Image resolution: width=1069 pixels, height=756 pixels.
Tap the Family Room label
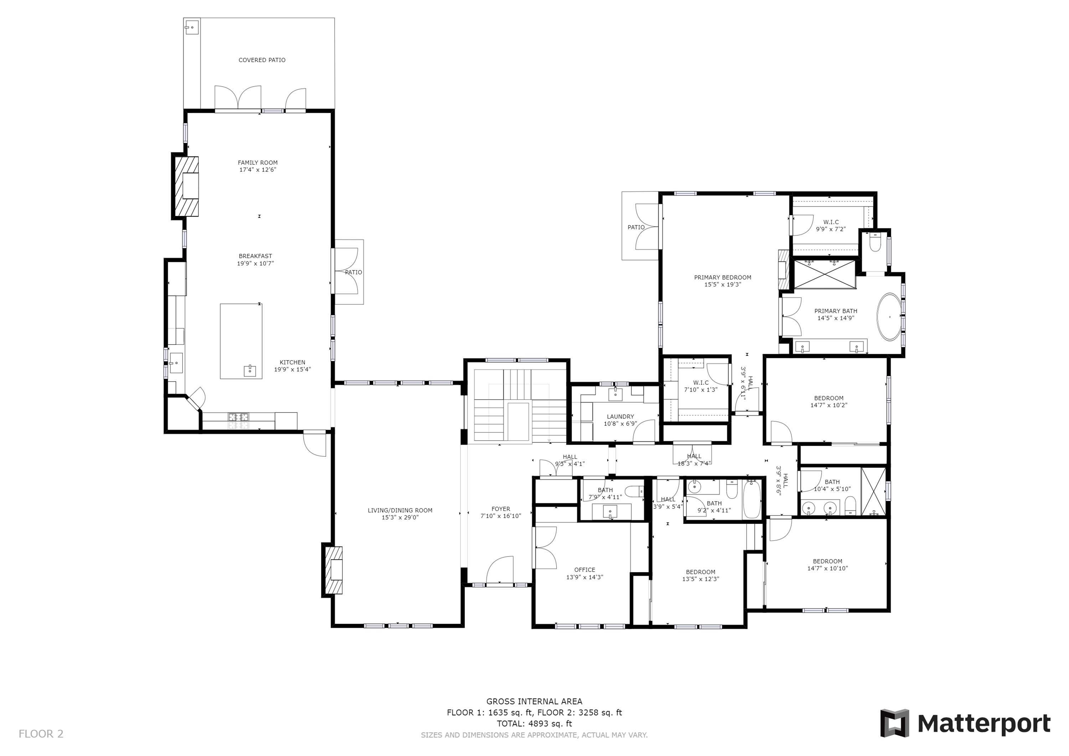click(258, 162)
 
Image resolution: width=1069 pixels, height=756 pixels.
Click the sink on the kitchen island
click(250, 371)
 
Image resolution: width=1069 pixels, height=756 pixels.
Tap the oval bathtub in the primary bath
click(889, 317)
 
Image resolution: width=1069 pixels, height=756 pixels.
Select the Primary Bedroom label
click(723, 278)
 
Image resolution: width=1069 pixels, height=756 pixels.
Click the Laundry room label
click(620, 416)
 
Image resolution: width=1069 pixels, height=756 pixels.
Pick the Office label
click(584, 570)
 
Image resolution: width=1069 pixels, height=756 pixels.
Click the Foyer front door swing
click(500, 569)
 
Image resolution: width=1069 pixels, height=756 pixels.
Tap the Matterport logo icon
click(894, 723)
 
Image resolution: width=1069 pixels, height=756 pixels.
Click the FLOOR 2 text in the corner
click(41, 734)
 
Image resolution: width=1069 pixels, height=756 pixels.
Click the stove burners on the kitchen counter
click(238, 421)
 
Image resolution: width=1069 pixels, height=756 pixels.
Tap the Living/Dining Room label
click(400, 510)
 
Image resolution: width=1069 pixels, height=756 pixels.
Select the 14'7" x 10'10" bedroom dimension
click(827, 568)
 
